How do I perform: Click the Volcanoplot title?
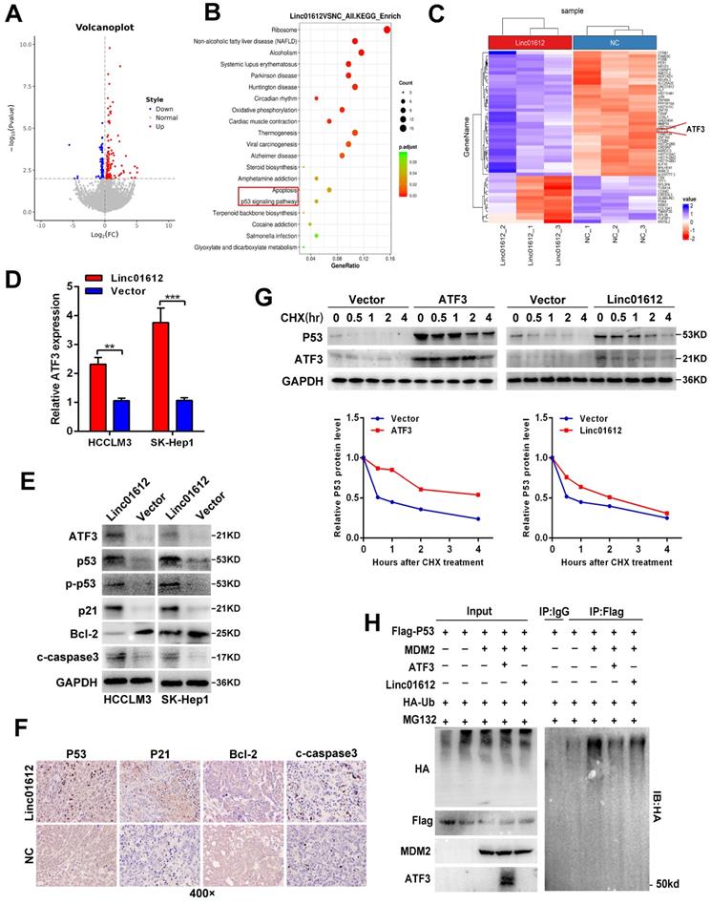pos(102,28)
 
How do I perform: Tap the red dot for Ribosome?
pos(387,29)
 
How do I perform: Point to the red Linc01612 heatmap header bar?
pos(526,41)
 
